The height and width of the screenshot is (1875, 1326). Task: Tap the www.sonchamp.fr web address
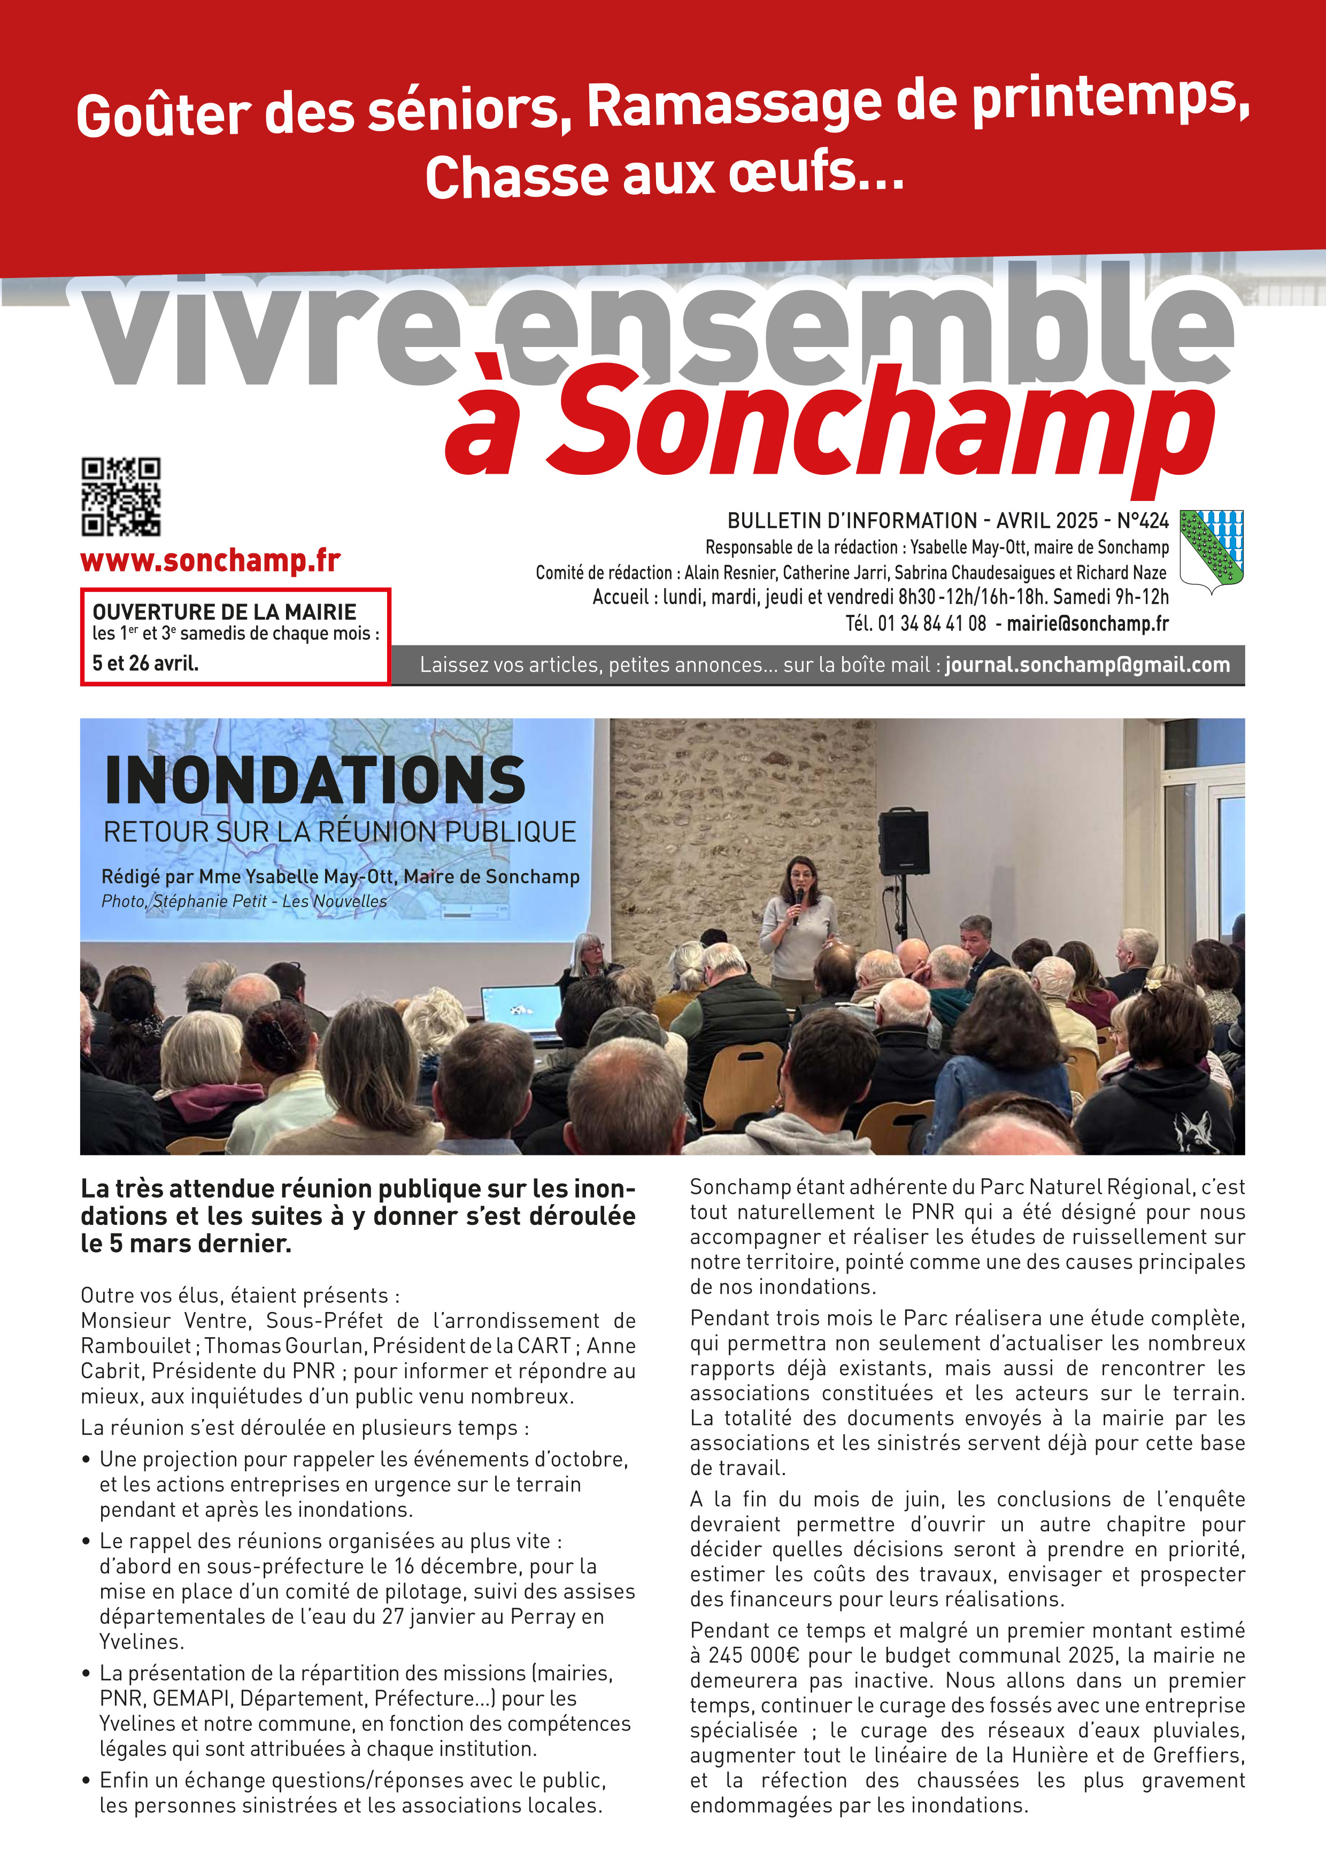[210, 561]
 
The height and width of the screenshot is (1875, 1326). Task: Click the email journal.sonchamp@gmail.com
[1087, 665]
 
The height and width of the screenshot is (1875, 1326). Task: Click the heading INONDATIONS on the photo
[314, 782]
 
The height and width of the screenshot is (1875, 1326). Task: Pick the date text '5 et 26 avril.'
[145, 663]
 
